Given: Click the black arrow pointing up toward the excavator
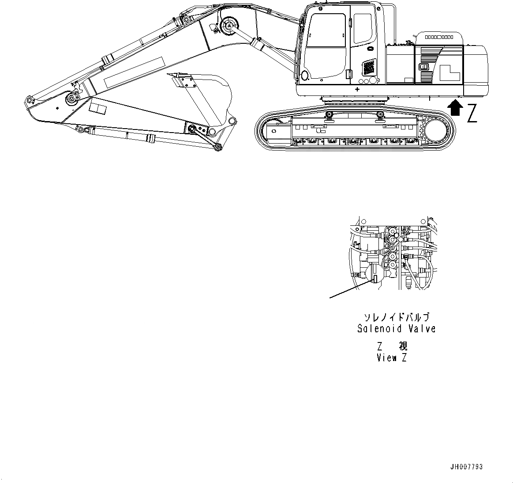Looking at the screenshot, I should pyautogui.click(x=455, y=109).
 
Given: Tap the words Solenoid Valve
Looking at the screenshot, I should pyautogui.click(x=396, y=329).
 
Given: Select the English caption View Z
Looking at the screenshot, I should pyautogui.click(x=392, y=358).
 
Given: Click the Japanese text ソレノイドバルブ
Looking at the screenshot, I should pyautogui.click(x=396, y=317).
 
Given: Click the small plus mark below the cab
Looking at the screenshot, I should pyautogui.click(x=356, y=89).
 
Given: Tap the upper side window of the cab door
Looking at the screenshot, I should pyautogui.click(x=327, y=30).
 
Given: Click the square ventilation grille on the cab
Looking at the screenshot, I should pyautogui.click(x=368, y=68).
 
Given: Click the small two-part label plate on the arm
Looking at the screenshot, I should pyautogui.click(x=97, y=108).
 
